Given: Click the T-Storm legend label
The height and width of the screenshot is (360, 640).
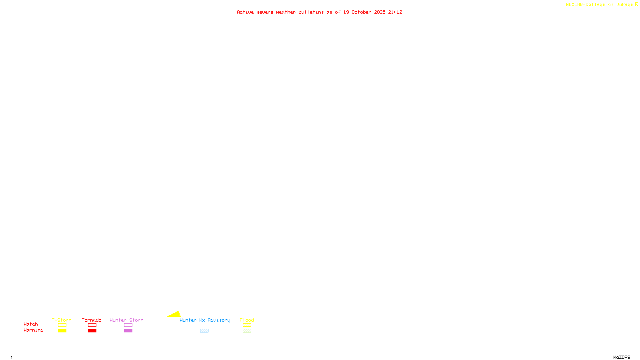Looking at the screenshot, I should tap(62, 320).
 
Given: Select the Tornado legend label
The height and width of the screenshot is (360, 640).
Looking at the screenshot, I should tap(92, 320).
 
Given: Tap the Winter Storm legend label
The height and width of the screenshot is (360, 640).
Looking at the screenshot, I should tap(126, 320).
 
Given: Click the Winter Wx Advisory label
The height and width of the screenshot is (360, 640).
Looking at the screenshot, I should tap(205, 320).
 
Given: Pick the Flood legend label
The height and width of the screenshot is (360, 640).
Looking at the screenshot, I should tap(247, 320).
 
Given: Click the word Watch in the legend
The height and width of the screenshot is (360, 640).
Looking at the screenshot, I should tap(31, 324).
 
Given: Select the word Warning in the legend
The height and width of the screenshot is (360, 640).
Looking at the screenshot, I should tap(34, 330).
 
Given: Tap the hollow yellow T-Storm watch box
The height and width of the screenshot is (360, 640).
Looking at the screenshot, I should tap(62, 325).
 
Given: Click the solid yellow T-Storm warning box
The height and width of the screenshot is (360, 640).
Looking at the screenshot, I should tap(62, 331).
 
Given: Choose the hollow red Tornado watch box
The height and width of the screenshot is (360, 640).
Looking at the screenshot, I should tap(92, 325).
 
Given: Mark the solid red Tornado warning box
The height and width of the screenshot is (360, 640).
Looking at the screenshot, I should tap(92, 331).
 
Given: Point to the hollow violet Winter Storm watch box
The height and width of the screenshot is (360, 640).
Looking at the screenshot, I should tap(128, 325).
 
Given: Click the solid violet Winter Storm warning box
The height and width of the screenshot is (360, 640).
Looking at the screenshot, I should tap(128, 331).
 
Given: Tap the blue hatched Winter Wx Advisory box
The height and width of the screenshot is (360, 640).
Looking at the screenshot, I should tap(204, 331).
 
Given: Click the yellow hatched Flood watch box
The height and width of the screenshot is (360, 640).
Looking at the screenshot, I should tap(247, 325).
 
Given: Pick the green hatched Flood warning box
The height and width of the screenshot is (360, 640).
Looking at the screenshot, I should tap(247, 331).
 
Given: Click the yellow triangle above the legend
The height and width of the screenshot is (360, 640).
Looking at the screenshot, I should tap(175, 314).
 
